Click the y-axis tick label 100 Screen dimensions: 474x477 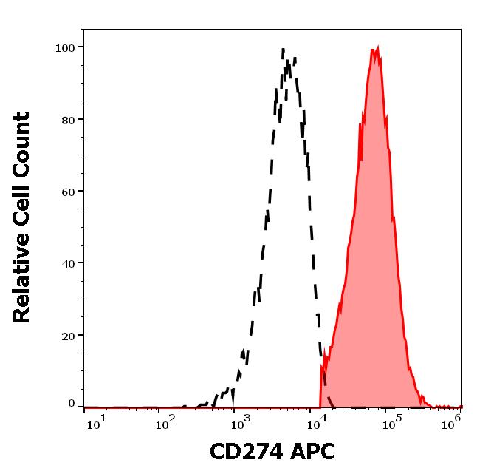coord(65,48)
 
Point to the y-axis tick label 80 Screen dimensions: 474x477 coord(68,120)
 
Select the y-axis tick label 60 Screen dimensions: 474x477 coord(68,192)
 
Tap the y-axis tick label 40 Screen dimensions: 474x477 coord(68,263)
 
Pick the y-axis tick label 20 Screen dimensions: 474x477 coord(68,335)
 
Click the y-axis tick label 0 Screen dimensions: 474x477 coord(72,404)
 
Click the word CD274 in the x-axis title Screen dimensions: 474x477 coord(241,451)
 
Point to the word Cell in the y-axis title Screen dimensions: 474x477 coord(22,208)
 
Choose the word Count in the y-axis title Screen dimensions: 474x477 coord(22,145)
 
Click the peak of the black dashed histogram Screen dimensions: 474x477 coord(284,50)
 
